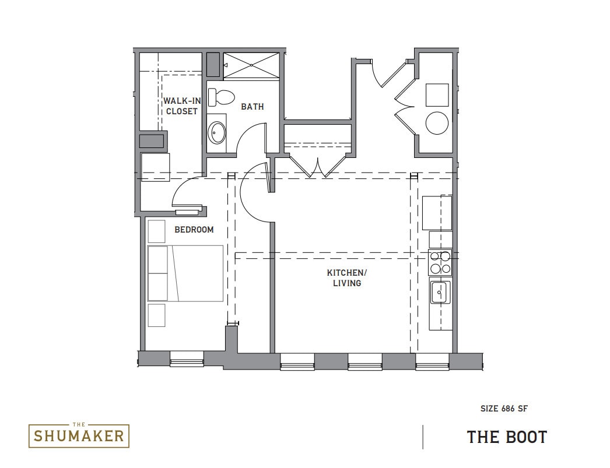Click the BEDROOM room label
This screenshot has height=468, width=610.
coord(194,230)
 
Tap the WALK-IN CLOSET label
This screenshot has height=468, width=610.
coord(181,106)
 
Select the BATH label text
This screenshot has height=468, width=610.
coord(252,107)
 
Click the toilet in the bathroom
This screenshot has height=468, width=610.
coord(221,97)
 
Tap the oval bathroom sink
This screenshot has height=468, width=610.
coord(218,133)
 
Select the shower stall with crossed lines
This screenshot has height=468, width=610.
coord(252,65)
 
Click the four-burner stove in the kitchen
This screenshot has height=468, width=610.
coord(440,262)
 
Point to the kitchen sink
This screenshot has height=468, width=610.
coord(439,291)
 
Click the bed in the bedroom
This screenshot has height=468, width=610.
coord(185,273)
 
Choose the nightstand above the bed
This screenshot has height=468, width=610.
coord(156,231)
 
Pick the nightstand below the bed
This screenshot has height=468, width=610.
coord(156,315)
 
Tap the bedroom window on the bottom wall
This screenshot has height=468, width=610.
coord(187,361)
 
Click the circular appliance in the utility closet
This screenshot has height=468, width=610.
coord(437,123)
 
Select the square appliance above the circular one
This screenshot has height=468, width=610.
coord(437,95)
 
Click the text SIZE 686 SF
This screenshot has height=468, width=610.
coord(504,409)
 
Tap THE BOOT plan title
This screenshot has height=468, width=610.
coord(507,437)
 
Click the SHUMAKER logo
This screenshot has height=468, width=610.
coord(79,435)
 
